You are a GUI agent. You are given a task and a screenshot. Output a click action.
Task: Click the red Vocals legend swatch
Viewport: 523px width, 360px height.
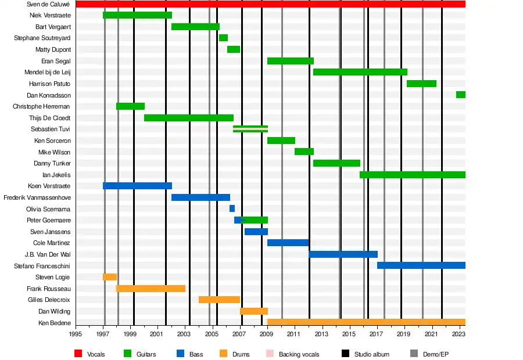pyautogui.click(x=78, y=354)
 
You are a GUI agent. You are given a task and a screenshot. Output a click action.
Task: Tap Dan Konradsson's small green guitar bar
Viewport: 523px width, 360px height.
pyautogui.click(x=460, y=95)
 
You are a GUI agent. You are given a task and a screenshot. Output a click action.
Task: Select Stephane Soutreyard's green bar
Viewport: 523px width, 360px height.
pyautogui.click(x=223, y=38)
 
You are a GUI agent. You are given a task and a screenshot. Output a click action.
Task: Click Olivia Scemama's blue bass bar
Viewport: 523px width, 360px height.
pyautogui.click(x=232, y=208)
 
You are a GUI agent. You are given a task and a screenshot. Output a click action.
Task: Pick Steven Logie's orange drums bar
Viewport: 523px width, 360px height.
pyautogui.click(x=110, y=277)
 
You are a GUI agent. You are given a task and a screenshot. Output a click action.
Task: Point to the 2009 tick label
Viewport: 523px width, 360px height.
pyautogui.click(x=267, y=334)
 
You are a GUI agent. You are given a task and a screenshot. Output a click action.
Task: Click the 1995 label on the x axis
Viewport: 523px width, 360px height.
pyautogui.click(x=76, y=334)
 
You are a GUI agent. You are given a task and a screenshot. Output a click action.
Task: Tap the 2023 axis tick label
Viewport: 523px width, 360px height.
pyautogui.click(x=458, y=334)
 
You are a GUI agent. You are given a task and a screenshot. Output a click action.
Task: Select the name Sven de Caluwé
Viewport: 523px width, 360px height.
pyautogui.click(x=49, y=4)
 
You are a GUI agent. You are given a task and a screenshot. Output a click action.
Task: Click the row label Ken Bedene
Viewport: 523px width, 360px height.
pyautogui.click(x=54, y=323)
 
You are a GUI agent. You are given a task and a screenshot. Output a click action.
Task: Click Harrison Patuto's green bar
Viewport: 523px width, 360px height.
pyautogui.click(x=421, y=84)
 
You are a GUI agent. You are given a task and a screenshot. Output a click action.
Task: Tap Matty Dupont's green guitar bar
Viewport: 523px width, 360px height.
pyautogui.click(x=233, y=49)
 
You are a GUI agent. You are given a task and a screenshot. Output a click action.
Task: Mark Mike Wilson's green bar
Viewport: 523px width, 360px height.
pyautogui.click(x=304, y=152)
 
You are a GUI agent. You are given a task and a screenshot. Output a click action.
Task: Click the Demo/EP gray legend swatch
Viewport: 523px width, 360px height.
pyautogui.click(x=414, y=354)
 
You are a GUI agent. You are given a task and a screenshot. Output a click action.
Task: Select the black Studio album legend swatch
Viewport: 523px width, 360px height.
pyautogui.click(x=346, y=354)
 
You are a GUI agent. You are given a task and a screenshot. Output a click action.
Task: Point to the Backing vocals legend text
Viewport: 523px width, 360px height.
pyautogui.click(x=299, y=354)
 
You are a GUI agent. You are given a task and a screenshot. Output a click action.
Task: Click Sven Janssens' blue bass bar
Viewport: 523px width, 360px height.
pyautogui.click(x=256, y=232)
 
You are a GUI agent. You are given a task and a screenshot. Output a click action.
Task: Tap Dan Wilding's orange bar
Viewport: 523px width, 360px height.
pyautogui.click(x=253, y=311)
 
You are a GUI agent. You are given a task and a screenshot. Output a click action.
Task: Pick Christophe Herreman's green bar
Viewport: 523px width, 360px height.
pyautogui.click(x=130, y=106)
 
